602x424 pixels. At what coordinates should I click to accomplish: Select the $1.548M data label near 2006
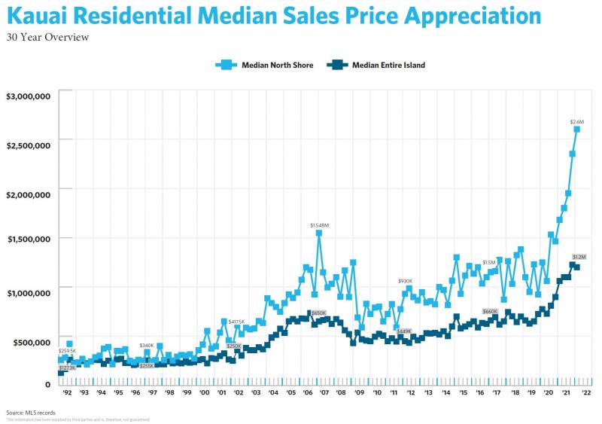tap(321, 225)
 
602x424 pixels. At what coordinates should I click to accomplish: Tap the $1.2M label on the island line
tap(579, 257)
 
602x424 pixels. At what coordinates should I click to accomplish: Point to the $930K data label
tap(406, 280)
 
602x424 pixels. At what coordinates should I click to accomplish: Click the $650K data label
tap(318, 313)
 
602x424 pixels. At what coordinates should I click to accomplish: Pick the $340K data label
tap(147, 345)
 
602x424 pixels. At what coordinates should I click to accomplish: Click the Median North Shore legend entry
tap(265, 65)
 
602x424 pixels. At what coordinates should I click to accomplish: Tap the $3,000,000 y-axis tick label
tap(28, 96)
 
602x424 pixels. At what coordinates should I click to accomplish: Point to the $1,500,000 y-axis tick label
tap(28, 239)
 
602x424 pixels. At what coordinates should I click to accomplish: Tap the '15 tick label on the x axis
tap(462, 392)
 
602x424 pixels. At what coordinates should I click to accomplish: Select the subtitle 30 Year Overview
tap(47, 38)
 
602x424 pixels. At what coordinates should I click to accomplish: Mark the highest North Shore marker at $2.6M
tap(577, 130)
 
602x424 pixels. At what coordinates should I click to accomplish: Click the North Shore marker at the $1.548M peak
tap(319, 233)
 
